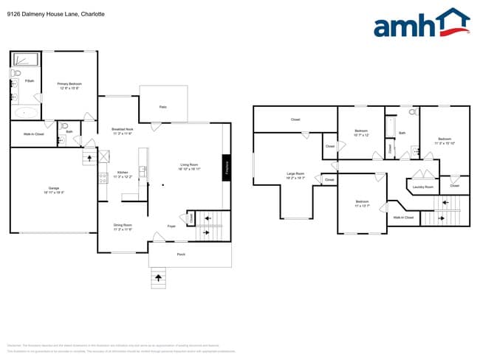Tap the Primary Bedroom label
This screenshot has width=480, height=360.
click(x=69, y=86)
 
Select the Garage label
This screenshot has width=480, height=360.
click(x=54, y=190)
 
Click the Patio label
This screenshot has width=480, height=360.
click(x=162, y=107)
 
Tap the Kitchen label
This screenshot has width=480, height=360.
click(x=122, y=174)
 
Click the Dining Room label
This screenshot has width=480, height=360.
click(x=122, y=226)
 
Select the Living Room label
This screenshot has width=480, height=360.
click(x=189, y=167)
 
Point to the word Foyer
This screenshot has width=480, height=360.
click(x=171, y=226)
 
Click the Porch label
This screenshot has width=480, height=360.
click(x=181, y=255)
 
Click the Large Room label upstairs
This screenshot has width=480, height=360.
click(x=295, y=175)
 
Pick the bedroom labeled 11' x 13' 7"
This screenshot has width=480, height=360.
click(x=362, y=203)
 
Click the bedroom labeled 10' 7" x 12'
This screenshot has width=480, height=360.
click(x=361, y=133)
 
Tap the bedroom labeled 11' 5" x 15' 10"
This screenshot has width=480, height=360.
click(x=444, y=140)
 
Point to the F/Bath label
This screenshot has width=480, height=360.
click(x=29, y=80)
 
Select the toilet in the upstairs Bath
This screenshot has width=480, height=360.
click(x=415, y=114)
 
